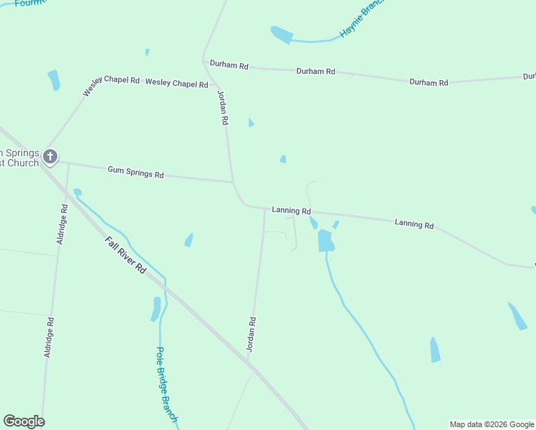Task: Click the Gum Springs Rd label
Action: tap(135, 172)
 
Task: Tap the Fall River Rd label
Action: tap(125, 255)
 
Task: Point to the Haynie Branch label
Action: tap(363, 19)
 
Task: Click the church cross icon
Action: tap(49, 156)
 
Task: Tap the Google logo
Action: tap(24, 421)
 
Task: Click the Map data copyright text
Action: tap(492, 424)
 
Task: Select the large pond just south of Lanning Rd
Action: tap(325, 240)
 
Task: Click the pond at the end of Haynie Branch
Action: tap(282, 34)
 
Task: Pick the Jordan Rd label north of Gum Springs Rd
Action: tap(222, 108)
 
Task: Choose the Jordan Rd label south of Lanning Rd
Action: tap(252, 333)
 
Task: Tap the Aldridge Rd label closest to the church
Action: tap(62, 224)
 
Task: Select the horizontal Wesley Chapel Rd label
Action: tap(176, 84)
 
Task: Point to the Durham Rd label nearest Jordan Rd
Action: tap(229, 65)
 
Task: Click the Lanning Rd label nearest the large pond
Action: tap(291, 211)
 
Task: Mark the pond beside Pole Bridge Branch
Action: tap(155, 309)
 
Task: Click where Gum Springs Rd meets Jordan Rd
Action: tap(233, 182)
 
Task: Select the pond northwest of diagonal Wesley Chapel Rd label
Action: tap(54, 80)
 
